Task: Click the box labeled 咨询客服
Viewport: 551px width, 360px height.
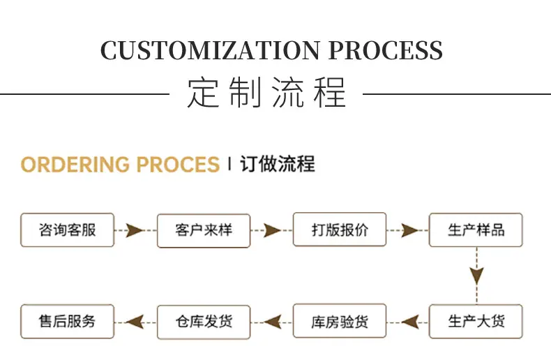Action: (68, 230)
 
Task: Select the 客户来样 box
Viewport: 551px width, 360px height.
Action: (204, 231)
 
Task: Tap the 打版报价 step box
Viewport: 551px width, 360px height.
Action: (340, 230)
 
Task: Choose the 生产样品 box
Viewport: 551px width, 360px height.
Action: (476, 230)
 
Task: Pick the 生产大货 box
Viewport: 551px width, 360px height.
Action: (476, 322)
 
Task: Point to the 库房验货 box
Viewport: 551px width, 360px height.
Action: (340, 321)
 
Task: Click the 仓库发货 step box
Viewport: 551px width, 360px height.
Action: (204, 322)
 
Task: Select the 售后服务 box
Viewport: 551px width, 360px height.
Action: (68, 322)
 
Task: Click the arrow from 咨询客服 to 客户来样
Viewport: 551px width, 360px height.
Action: (135, 231)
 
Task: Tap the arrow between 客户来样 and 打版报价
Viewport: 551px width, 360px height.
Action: (271, 231)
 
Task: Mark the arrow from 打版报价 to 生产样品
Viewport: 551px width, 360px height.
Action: (408, 231)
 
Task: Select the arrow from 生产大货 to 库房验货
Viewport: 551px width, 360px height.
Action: (408, 322)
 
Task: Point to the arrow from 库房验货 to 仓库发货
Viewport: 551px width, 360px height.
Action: (271, 322)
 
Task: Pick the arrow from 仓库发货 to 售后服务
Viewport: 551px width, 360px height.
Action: (135, 322)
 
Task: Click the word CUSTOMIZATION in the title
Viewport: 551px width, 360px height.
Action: (210, 50)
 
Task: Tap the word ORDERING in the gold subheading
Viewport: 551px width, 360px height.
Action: (75, 165)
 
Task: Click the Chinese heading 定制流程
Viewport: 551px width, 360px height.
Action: (266, 93)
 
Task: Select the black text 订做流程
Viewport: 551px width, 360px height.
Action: (278, 164)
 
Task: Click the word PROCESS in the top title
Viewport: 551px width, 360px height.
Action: (386, 50)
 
